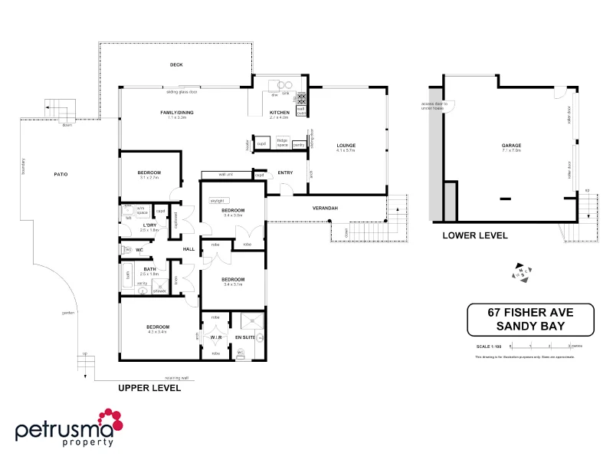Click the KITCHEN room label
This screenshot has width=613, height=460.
pyautogui.click(x=279, y=112)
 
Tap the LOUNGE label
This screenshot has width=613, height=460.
pyautogui.click(x=346, y=145)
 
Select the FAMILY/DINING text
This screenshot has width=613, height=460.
pyautogui.click(x=172, y=112)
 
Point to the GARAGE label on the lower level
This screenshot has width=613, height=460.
pyautogui.click(x=511, y=145)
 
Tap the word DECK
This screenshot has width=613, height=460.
pyautogui.click(x=175, y=65)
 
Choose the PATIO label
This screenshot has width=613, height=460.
pyautogui.click(x=61, y=175)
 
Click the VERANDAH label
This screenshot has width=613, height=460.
pyautogui.click(x=326, y=209)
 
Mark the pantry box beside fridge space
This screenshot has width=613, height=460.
pyautogui.click(x=299, y=143)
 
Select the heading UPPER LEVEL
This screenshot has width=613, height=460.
pyautogui.click(x=149, y=389)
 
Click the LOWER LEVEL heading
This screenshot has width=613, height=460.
pyautogui.click(x=475, y=236)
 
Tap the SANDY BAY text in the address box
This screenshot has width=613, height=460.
pyautogui.click(x=531, y=326)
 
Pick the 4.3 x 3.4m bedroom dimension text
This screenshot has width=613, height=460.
pyautogui.click(x=157, y=332)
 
